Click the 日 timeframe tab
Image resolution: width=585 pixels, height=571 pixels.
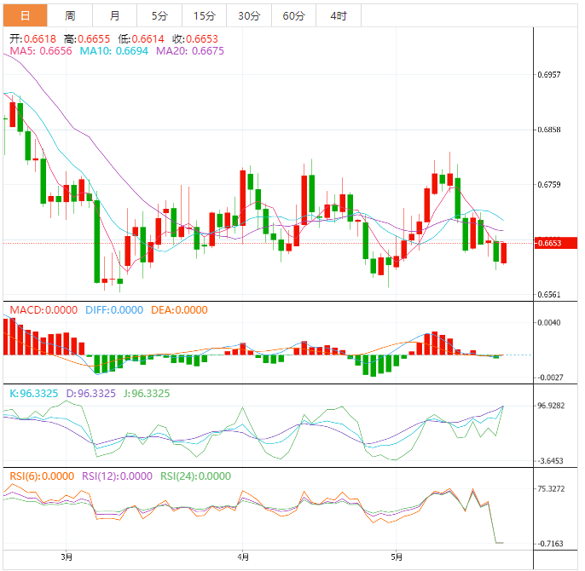(25, 16)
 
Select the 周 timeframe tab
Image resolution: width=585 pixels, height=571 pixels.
(70, 16)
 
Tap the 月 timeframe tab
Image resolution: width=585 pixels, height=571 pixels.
(115, 16)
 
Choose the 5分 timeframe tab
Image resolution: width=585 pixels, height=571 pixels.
(159, 16)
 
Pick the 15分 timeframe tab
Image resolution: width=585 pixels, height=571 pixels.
(204, 16)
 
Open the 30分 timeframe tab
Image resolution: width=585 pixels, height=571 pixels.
(249, 16)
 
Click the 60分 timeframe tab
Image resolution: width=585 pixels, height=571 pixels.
(293, 16)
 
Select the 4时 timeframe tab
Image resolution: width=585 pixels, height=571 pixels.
(338, 16)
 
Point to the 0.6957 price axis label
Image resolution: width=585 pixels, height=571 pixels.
(550, 75)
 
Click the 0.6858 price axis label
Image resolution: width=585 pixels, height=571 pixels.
(550, 130)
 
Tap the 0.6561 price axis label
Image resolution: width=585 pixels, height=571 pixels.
(550, 295)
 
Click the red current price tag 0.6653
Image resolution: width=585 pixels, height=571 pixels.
(549, 243)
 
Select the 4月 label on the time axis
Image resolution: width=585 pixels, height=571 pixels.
(244, 558)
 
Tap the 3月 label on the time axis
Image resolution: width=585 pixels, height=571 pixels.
(67, 558)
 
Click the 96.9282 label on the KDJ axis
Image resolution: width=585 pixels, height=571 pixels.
(553, 407)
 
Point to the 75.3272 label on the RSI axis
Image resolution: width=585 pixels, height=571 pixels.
(553, 488)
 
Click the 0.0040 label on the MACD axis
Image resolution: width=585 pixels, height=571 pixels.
(550, 322)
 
